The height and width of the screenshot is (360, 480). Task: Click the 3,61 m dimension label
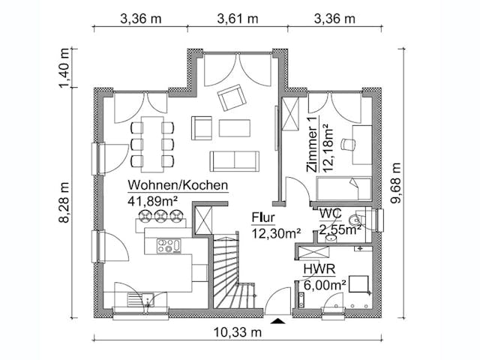pos(238,18)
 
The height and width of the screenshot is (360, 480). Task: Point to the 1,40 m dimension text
pos(65,69)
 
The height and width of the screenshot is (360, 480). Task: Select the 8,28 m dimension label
pos(65,202)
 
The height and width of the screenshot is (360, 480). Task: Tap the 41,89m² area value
pos(152,200)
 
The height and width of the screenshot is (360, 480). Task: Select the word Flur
pos(263,219)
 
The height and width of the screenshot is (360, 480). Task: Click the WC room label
pos(331,214)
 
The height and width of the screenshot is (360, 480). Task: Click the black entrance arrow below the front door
pos(278,321)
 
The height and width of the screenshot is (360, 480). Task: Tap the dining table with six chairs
pos(152,141)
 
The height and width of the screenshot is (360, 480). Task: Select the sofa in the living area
pos(234,161)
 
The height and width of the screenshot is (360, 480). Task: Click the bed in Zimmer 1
pos(346,188)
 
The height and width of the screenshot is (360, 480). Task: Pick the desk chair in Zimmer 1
pos(346,145)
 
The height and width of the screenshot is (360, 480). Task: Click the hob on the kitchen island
pos(169,245)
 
